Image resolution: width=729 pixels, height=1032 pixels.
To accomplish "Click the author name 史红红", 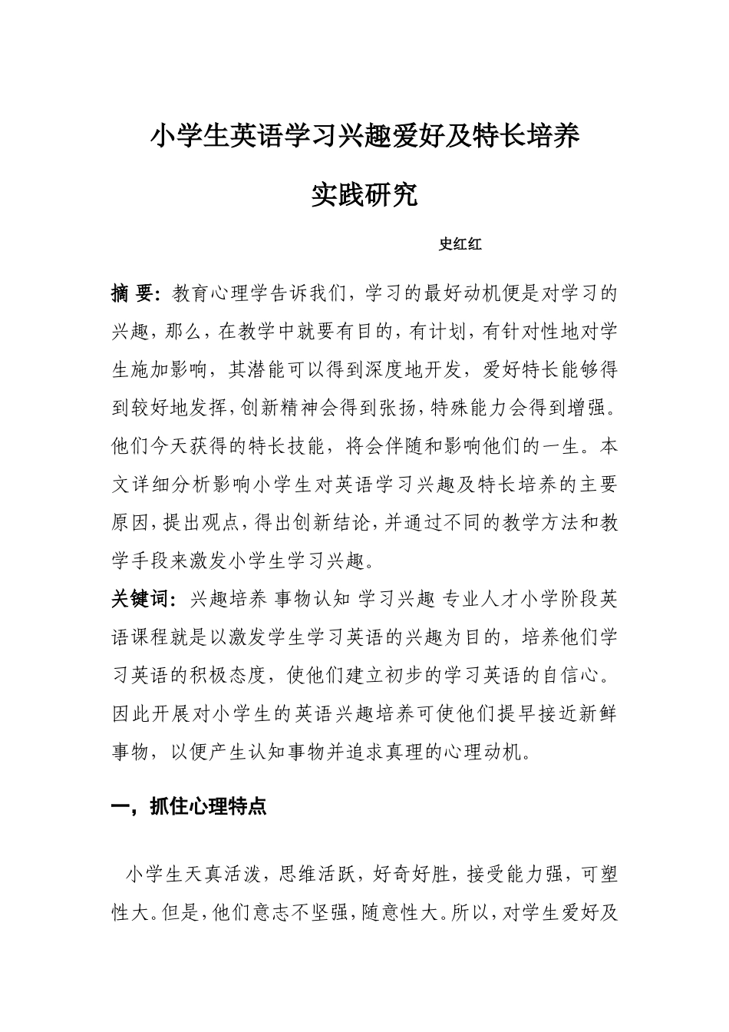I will (x=460, y=245).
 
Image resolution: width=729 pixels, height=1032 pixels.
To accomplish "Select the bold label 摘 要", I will (x=134, y=293).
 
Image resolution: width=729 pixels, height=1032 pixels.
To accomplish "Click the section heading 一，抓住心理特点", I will (x=189, y=807).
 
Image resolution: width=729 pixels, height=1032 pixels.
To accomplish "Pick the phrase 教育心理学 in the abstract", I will (x=223, y=293).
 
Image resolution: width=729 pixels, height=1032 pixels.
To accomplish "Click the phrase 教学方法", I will (x=530, y=523).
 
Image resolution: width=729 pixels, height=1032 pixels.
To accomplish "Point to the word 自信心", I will (x=572, y=676).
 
